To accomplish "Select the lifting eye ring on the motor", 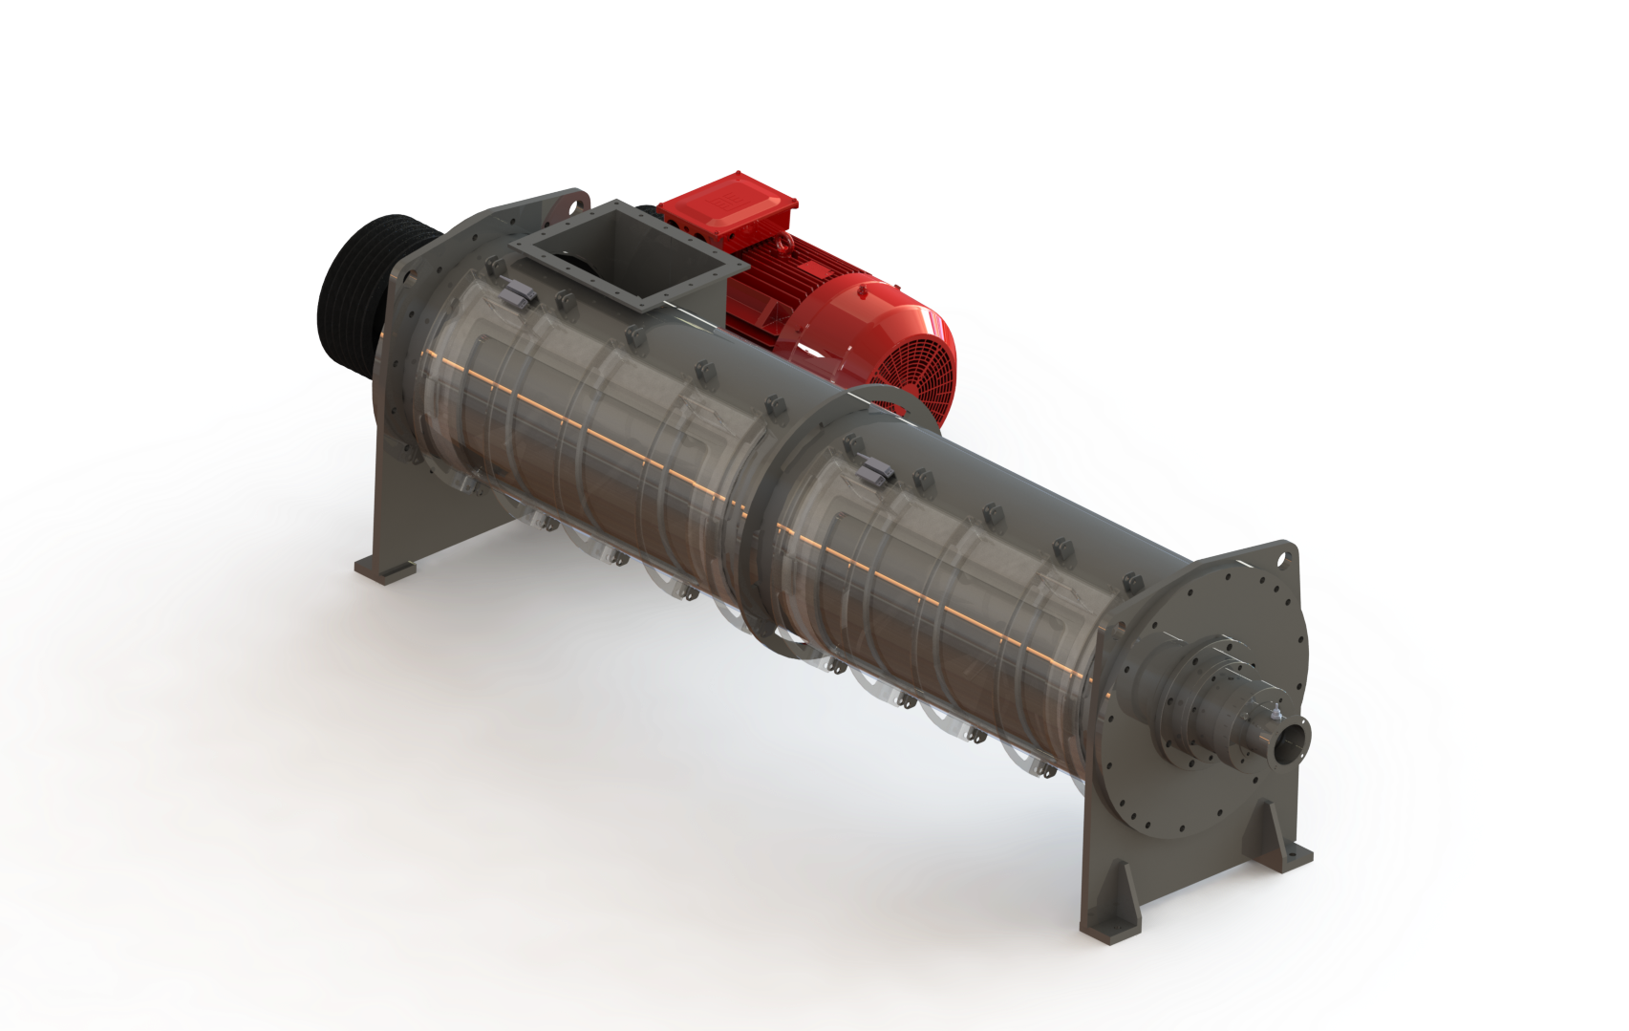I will click(x=783, y=246).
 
